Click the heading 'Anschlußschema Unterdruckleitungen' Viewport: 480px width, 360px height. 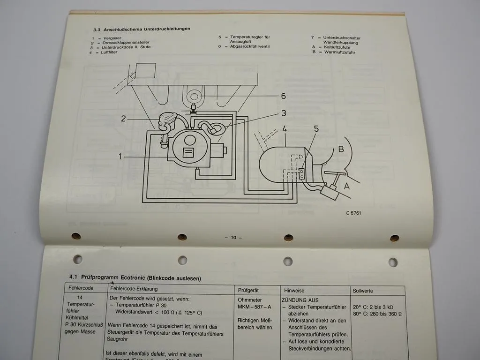click(147, 29)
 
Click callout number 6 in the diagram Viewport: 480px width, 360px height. click(283, 96)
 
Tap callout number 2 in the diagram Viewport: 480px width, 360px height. click(123, 119)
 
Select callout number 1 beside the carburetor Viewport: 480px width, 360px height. click(120, 157)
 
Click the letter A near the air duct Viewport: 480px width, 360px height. click(347, 186)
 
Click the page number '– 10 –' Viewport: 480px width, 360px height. click(233, 238)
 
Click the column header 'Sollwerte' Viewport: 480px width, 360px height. click(363, 291)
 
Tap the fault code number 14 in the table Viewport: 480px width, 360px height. click(81, 298)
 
